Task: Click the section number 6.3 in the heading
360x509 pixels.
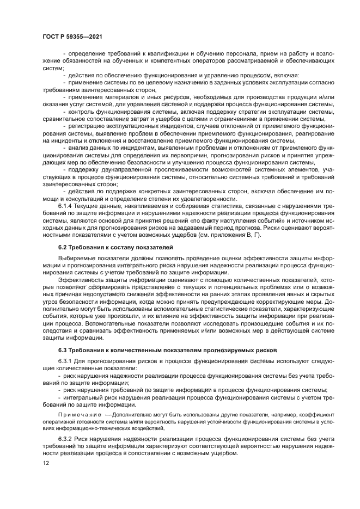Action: pos(64,349)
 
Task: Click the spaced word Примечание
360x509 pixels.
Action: pos(78,414)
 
